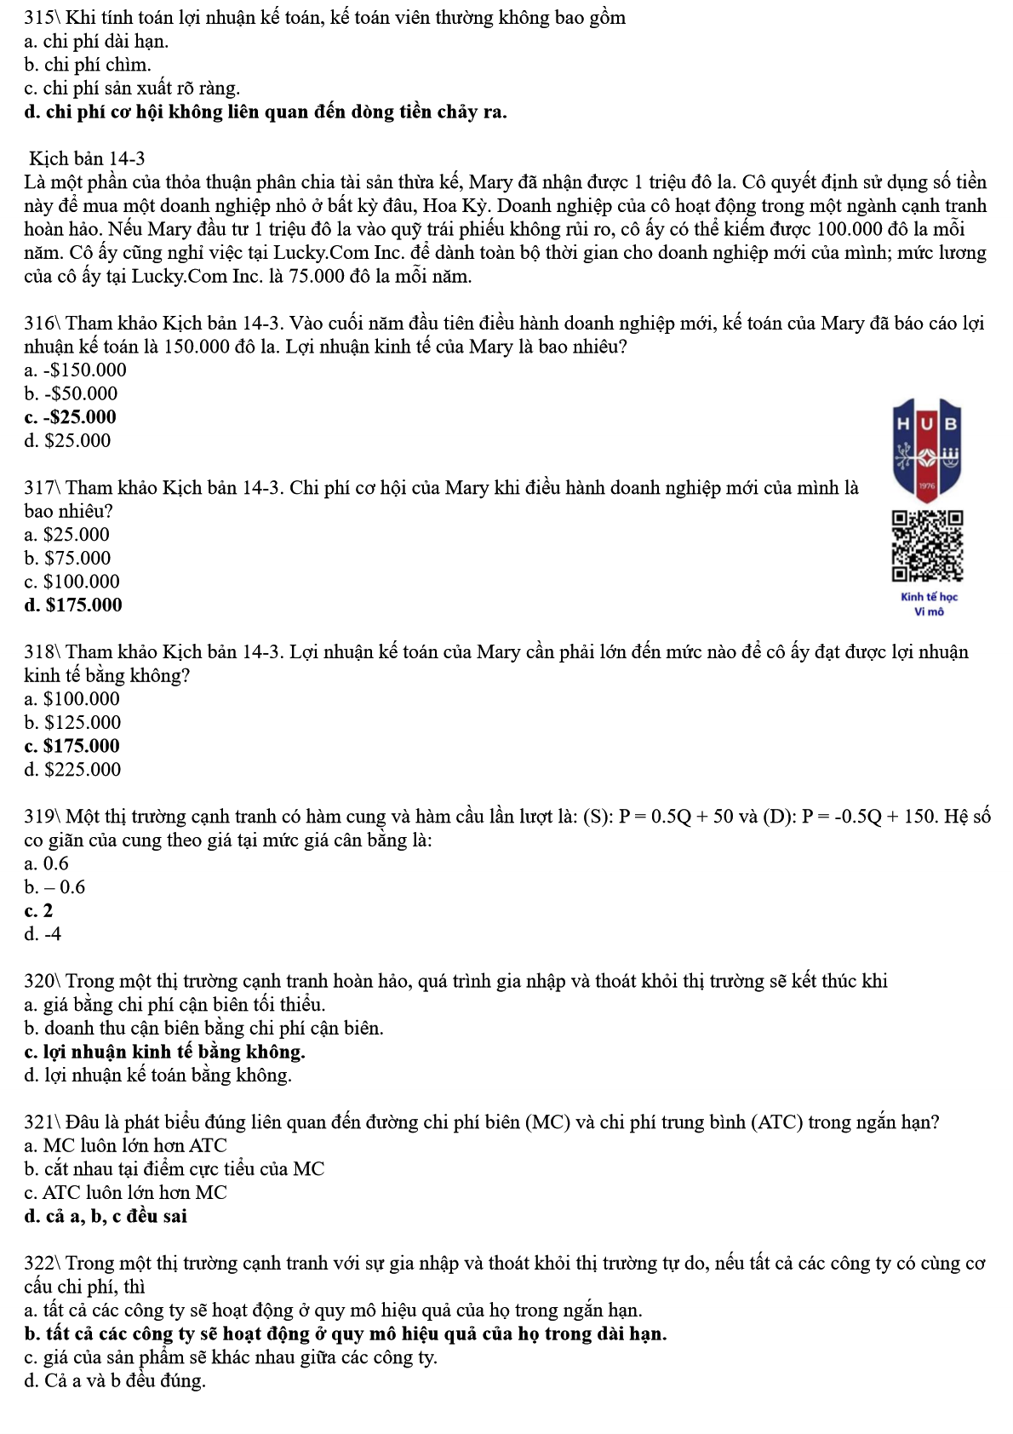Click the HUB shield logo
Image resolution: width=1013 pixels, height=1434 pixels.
coord(927,449)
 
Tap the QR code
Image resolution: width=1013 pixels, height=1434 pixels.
coord(927,546)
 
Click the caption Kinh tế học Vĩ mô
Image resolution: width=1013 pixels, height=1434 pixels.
coord(929,604)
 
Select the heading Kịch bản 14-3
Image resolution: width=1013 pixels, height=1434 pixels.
coord(87,158)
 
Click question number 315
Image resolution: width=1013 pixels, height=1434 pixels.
coord(40,18)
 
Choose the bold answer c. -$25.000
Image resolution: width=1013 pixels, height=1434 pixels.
coord(71,417)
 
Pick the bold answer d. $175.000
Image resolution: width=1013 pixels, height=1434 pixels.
coord(73,605)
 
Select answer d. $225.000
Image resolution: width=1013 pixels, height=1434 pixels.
coord(72,770)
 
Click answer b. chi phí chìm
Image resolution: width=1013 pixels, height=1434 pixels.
coord(88,65)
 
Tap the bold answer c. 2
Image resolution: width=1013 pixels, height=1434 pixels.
coord(39,910)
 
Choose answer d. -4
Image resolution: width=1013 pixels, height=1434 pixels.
coord(43,934)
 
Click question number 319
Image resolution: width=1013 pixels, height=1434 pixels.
coord(40,817)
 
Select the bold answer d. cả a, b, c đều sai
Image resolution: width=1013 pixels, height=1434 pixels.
coord(106,1216)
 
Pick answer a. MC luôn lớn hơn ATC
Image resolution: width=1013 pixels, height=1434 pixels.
coord(126,1145)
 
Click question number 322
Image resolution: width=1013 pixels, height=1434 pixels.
coord(40,1263)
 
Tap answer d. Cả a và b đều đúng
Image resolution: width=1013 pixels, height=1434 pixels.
coord(115,1380)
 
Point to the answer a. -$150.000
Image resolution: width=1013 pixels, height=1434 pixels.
coord(75,370)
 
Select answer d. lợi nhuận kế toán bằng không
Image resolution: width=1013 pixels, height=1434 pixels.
coord(157,1075)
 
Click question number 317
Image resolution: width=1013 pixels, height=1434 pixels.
coord(40,488)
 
